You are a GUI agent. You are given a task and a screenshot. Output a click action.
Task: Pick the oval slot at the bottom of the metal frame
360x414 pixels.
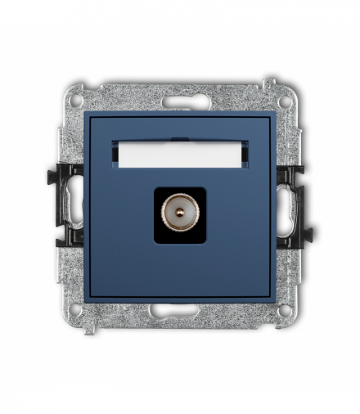(x=179, y=309)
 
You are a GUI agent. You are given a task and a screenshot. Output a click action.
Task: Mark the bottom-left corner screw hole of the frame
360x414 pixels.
(x=75, y=310)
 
